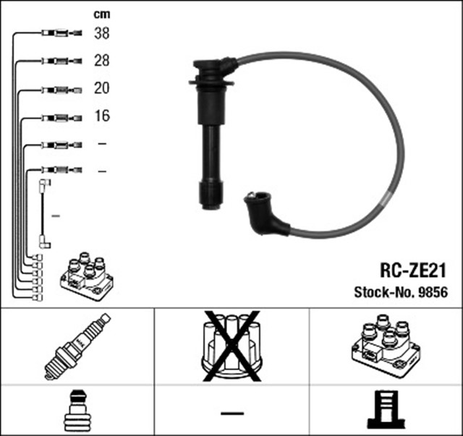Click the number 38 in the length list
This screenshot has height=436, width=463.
(x=101, y=33)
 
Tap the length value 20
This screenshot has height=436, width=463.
(x=101, y=88)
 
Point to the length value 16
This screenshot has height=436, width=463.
(x=101, y=116)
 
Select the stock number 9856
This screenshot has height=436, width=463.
(x=436, y=293)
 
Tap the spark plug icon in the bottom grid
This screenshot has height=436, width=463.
(x=77, y=346)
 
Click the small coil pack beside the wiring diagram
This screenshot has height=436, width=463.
(x=85, y=275)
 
